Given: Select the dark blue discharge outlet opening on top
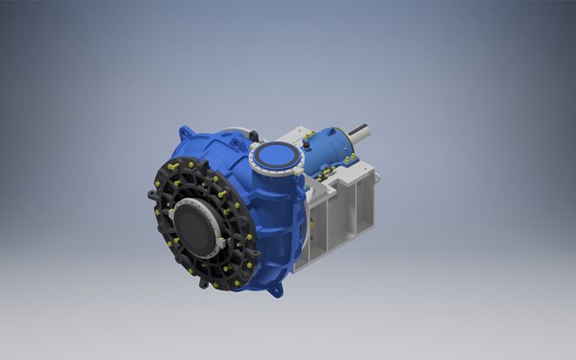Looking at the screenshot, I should pos(277,157).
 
